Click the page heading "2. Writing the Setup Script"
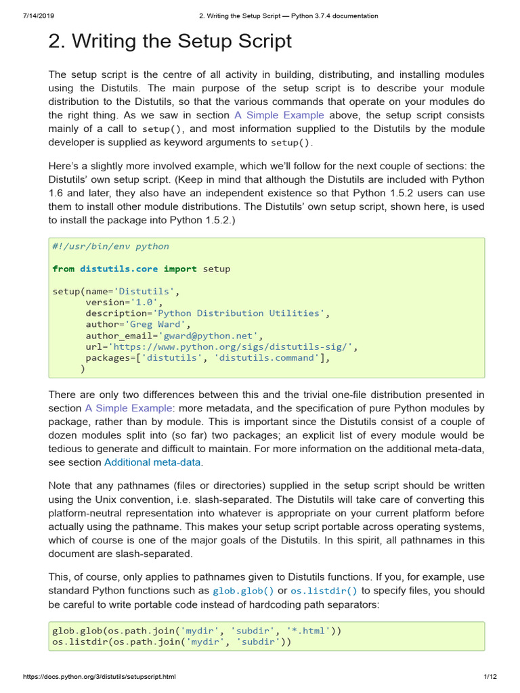(170, 42)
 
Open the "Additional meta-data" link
(153, 462)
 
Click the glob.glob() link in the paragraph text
(248, 591)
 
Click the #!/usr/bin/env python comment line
(110, 246)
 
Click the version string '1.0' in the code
(144, 302)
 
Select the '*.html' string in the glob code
(307, 631)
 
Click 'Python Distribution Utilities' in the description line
(240, 313)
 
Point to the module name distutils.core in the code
(118, 269)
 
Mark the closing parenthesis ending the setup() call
(83, 369)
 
